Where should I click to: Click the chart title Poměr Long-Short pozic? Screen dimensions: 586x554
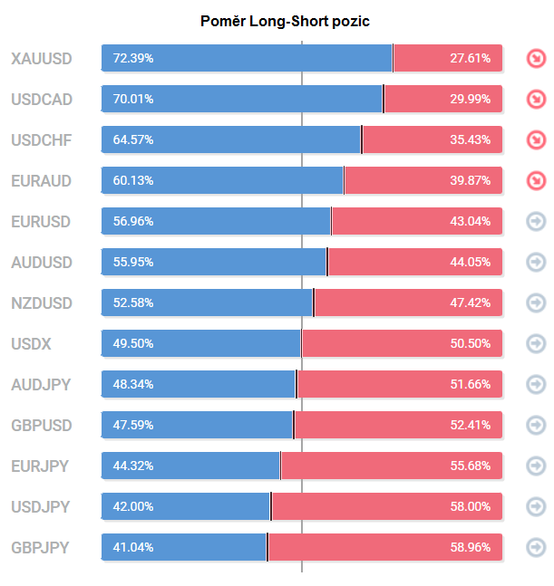click(x=285, y=20)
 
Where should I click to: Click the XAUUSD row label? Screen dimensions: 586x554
click(x=42, y=59)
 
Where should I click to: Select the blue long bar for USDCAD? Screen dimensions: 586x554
click(x=242, y=99)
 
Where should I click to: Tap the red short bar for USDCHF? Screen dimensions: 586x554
click(x=432, y=139)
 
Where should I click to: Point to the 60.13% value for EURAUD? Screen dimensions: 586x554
click(x=133, y=180)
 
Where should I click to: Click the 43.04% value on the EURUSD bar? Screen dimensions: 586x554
click(x=470, y=221)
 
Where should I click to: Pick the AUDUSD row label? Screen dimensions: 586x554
click(x=42, y=262)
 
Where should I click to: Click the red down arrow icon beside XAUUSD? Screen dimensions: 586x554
click(x=536, y=59)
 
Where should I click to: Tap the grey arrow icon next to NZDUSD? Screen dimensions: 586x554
click(x=536, y=303)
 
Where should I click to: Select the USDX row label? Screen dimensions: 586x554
click(x=32, y=343)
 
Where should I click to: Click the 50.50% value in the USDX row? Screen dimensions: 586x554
click(x=470, y=343)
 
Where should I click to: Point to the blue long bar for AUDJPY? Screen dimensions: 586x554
click(x=199, y=384)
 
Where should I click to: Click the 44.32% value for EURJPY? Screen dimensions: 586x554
click(x=133, y=466)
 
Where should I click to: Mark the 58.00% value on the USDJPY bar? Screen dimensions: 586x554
click(x=470, y=506)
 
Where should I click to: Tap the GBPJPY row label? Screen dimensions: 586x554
click(x=41, y=547)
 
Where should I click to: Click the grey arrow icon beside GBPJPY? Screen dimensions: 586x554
click(x=536, y=547)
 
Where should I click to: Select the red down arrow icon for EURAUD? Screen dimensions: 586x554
click(x=536, y=180)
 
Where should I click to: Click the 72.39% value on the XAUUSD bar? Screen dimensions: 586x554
click(x=133, y=58)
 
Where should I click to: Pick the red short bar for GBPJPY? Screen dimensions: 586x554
click(x=384, y=547)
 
